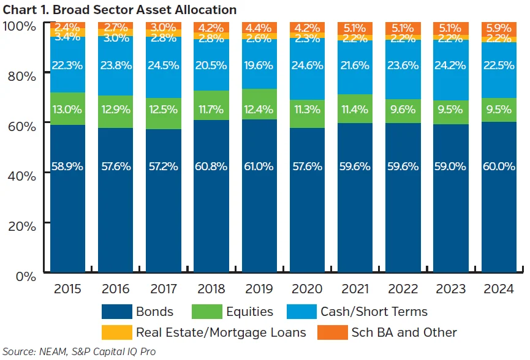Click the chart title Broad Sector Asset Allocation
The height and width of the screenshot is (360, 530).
tap(119, 10)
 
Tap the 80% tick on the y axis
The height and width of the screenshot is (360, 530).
tap(21, 75)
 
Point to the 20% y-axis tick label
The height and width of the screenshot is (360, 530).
tap(21, 225)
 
